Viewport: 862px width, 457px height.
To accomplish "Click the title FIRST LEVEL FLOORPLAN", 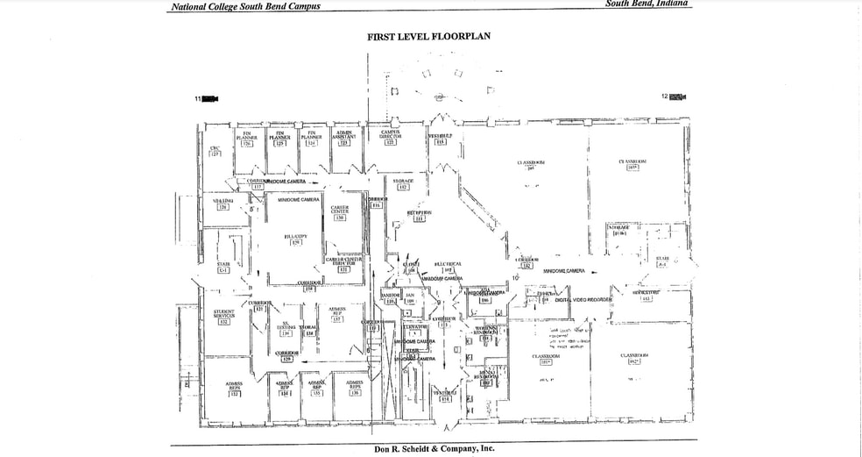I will (428, 37).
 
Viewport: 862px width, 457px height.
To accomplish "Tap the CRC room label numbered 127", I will (215, 151).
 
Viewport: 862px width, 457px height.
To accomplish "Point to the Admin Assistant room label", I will (344, 138).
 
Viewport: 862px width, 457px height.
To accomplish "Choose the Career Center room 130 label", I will (340, 212).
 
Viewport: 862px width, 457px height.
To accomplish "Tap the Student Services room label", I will (223, 316).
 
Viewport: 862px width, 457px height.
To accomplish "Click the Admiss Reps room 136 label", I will (355, 388).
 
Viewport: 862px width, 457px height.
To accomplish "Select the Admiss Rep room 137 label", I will (337, 314).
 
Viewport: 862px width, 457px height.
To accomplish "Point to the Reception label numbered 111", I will (420, 216).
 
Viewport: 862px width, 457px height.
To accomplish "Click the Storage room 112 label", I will (403, 184).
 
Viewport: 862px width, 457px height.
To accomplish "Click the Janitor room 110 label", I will (391, 298).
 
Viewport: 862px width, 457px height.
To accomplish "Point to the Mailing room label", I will (223, 204).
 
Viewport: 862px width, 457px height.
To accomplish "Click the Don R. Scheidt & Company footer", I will (434, 448).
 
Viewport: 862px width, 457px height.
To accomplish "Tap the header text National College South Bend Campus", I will (245, 6).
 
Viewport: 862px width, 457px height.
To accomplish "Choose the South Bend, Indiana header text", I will (646, 4).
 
